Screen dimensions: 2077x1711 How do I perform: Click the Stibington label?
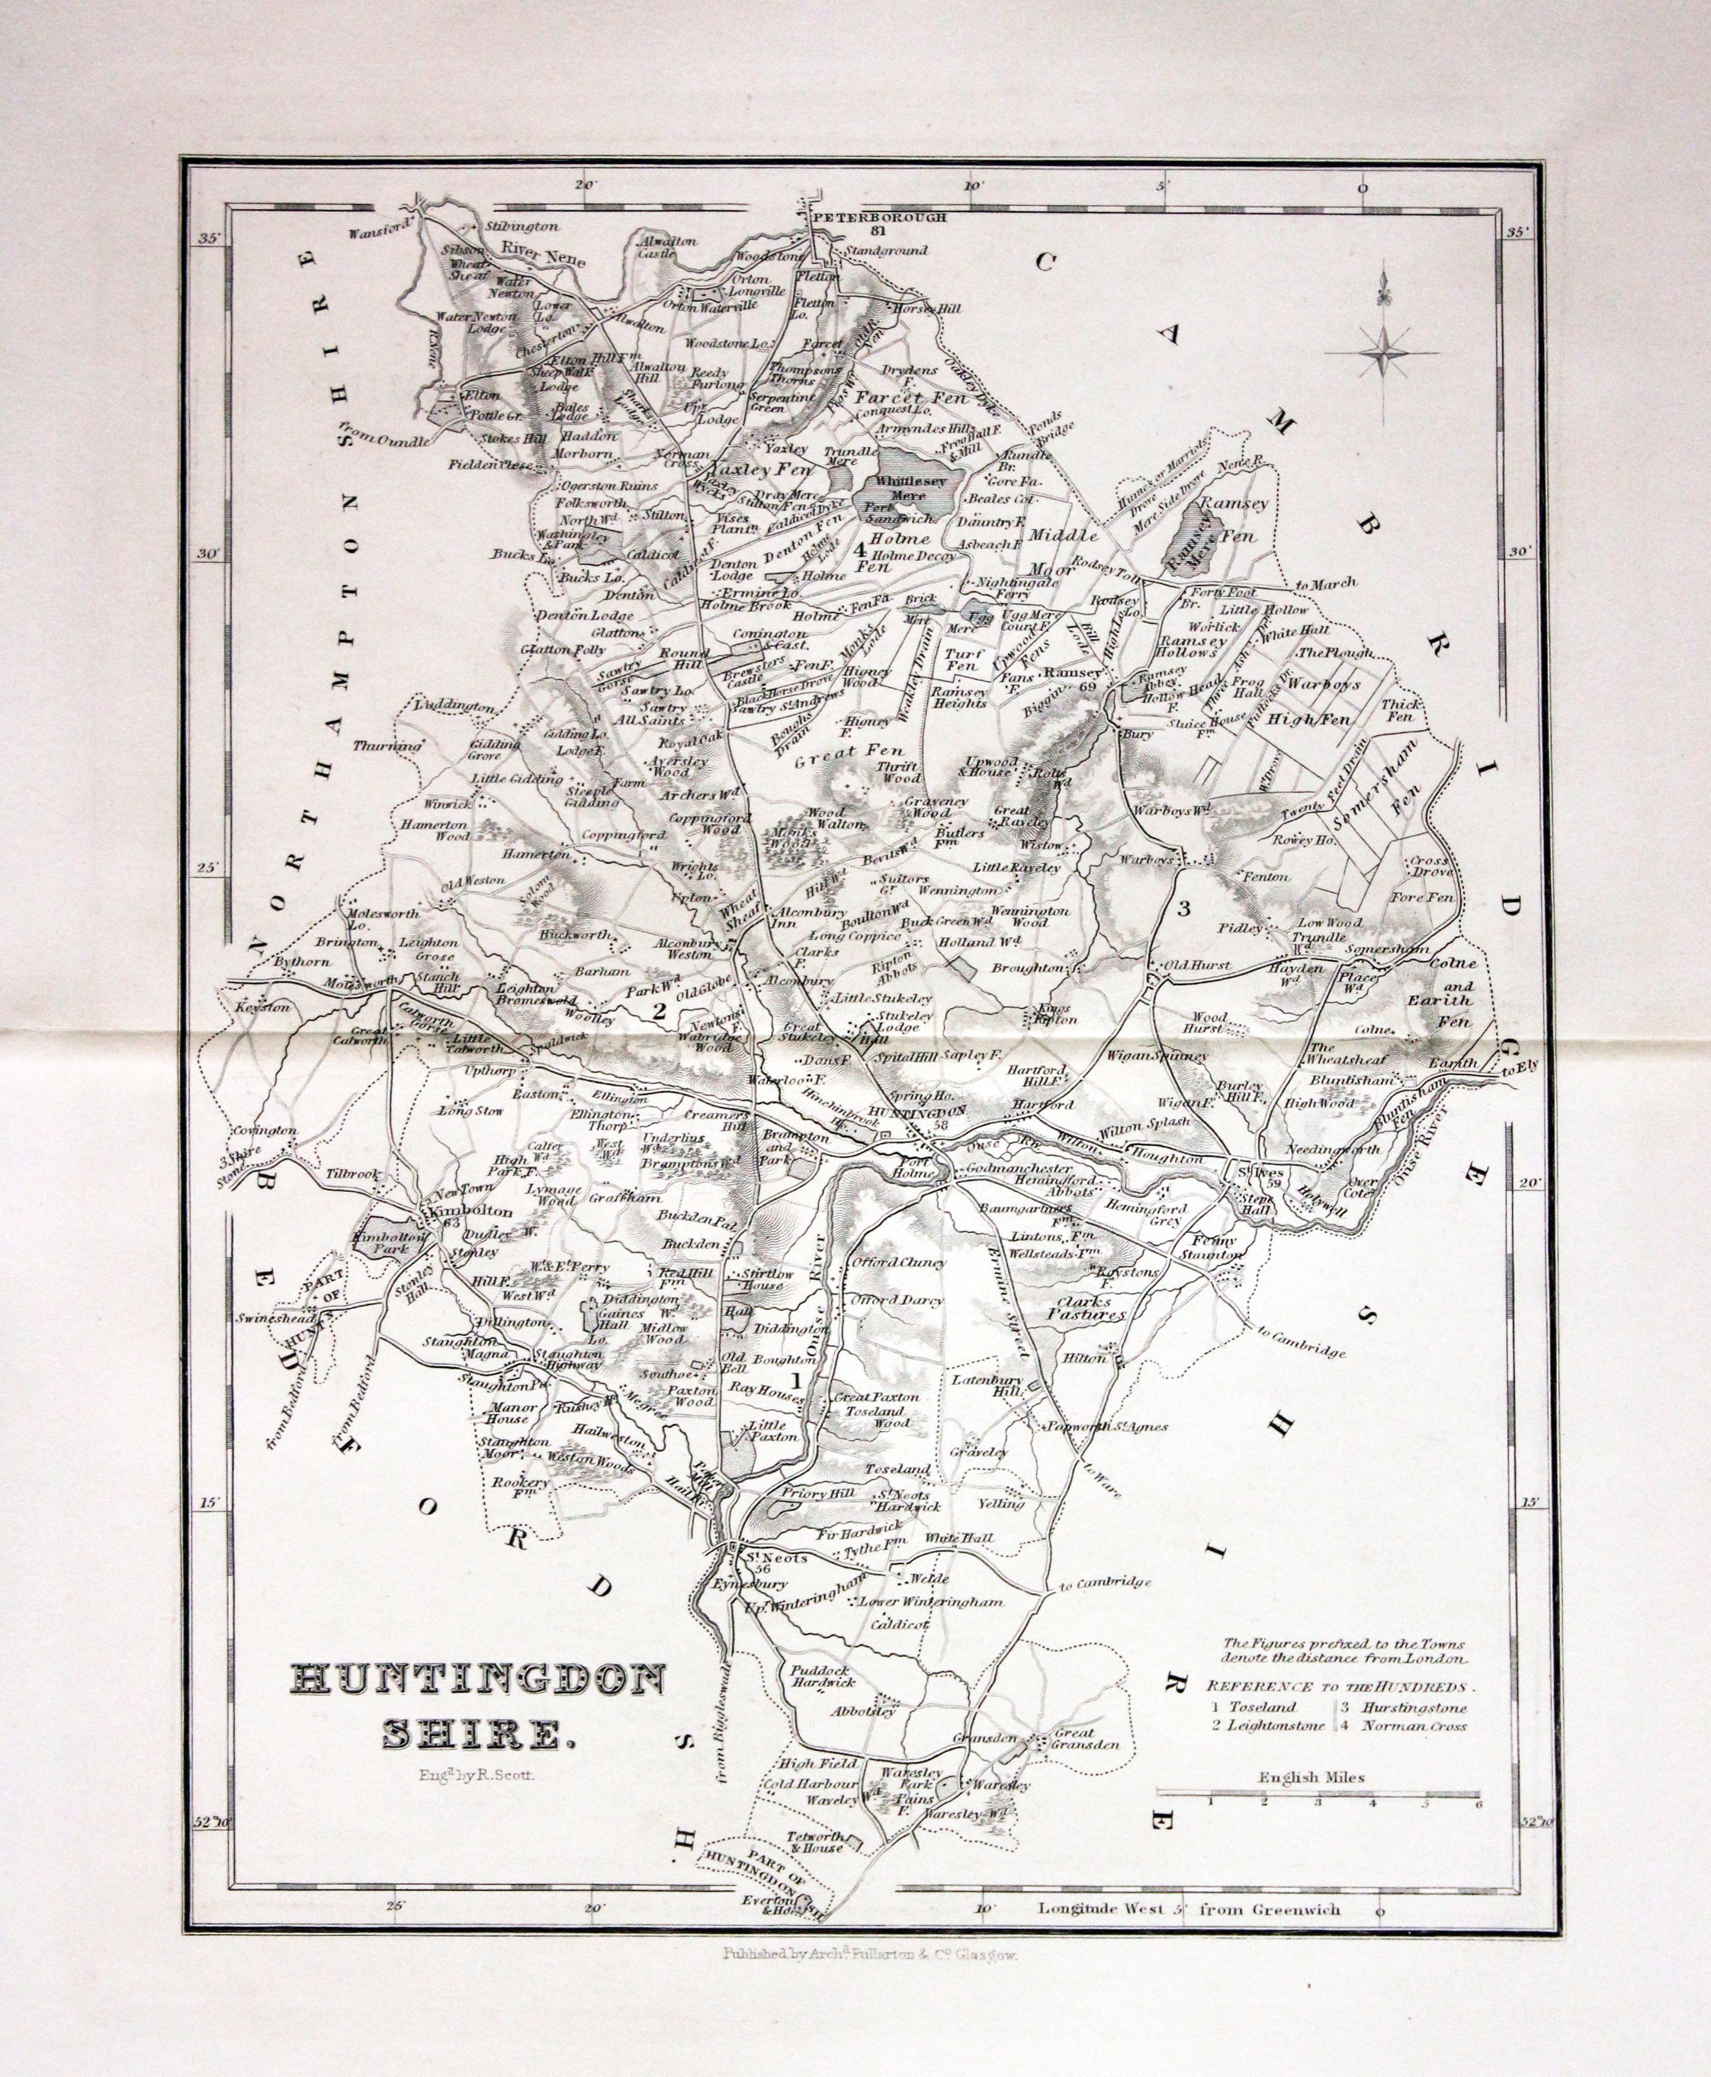point(522,226)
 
